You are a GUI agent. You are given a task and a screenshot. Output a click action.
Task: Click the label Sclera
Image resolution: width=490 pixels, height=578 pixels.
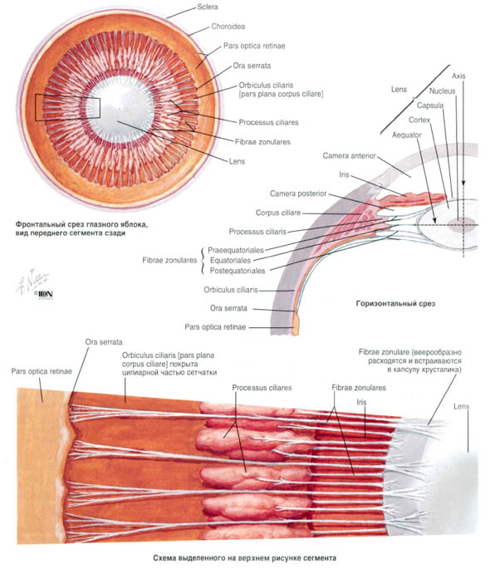[208, 7]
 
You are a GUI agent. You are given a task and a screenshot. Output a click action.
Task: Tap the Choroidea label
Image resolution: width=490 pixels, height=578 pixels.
[228, 27]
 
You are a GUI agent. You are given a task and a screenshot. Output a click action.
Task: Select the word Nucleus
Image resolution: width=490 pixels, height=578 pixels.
[442, 91]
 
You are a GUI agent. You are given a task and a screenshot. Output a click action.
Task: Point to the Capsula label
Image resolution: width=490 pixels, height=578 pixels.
[430, 105]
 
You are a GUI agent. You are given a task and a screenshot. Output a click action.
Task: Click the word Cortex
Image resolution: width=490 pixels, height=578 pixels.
[419, 120]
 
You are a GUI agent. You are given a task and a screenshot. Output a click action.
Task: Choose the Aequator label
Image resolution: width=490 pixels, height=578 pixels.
[406, 135]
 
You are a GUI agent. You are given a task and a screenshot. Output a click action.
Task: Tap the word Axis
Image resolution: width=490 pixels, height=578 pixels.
[458, 76]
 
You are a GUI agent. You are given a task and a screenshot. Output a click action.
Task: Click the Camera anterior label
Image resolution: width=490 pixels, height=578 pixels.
[349, 156]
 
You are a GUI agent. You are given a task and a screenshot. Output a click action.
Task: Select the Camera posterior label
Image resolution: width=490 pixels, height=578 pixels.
[298, 193]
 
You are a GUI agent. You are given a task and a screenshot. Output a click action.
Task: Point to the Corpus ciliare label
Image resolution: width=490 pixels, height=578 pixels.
[278, 213]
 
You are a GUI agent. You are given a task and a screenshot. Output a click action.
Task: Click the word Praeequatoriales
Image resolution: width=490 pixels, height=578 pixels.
[236, 250]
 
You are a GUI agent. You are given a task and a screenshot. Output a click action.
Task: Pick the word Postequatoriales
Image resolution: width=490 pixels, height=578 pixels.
[238, 271]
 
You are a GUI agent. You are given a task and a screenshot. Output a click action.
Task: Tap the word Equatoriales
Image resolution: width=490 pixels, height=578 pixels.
[230, 261]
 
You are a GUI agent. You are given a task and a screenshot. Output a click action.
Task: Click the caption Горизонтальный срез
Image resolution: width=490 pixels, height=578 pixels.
[395, 304]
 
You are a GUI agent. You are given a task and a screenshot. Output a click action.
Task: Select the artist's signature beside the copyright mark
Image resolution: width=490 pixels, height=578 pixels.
[32, 282]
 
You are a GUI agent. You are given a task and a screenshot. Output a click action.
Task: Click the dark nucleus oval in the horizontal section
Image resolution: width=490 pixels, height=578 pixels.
[462, 224]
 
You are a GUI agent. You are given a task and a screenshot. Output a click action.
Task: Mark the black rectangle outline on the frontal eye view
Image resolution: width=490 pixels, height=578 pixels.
[36, 107]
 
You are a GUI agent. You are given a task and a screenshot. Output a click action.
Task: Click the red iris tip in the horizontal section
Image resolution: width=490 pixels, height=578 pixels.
[443, 197]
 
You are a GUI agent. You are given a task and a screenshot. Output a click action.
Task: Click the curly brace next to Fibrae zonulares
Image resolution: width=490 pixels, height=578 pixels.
[202, 261]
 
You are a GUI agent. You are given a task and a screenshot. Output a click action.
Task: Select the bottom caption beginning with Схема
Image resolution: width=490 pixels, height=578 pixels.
[244, 558]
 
